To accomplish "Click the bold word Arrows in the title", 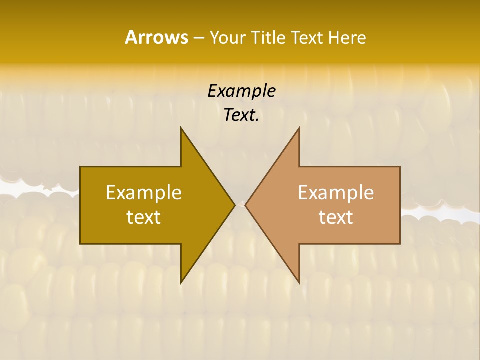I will point(156,37).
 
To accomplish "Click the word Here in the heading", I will point(347,37).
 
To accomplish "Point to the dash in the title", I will point(198,38).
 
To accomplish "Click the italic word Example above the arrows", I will point(241,91).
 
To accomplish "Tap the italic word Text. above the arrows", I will point(241,115).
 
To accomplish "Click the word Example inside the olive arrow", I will point(144,192).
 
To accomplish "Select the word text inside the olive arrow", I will point(144,217).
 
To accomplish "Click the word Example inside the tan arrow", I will point(336,192).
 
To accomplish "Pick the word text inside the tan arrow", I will point(336,217).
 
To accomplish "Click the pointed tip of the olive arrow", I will point(234,205).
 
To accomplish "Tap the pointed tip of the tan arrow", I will point(245,205).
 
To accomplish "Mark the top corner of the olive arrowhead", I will point(181,128).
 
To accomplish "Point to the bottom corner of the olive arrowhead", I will point(181,283).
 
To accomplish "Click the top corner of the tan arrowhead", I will point(299,128).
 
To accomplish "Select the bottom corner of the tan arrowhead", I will point(299,283).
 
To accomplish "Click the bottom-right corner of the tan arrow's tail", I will point(399,243).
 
